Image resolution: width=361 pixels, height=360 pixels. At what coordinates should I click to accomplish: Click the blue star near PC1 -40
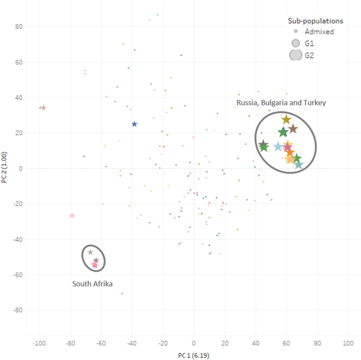134,124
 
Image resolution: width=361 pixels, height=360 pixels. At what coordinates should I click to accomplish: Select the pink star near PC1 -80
72,216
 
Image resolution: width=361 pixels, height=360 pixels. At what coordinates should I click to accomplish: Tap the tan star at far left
43,108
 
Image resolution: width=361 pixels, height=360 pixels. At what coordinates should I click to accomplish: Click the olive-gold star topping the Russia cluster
286,120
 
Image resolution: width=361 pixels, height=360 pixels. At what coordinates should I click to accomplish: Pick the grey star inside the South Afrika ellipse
91,252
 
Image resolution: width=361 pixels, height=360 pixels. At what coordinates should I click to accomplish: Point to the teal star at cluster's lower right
299,165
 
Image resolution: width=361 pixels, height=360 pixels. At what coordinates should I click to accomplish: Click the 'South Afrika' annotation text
93,284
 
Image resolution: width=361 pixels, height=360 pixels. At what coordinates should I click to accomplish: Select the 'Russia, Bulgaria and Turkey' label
281,103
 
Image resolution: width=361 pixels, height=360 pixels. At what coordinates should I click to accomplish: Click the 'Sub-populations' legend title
316,21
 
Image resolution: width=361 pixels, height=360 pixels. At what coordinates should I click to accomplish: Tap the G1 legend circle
296,43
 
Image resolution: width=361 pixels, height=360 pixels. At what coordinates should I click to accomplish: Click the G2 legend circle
296,54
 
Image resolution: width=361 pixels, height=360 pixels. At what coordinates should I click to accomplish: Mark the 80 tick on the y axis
18,26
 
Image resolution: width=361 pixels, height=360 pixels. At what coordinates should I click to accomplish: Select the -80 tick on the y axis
17,310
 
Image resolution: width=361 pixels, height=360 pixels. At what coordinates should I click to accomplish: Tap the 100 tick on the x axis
348,344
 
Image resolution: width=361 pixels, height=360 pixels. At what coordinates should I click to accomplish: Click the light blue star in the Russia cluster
278,146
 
